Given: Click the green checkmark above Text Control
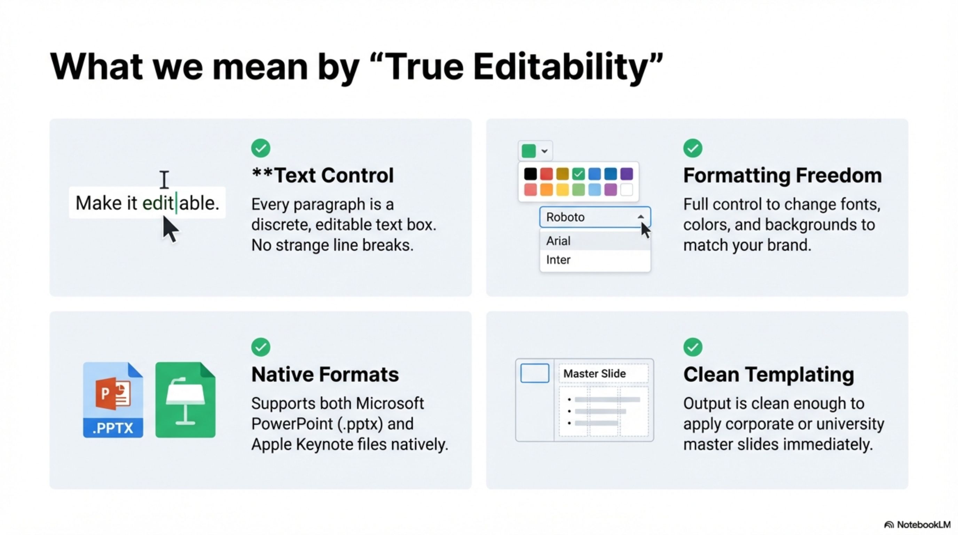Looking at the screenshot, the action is [x=261, y=148].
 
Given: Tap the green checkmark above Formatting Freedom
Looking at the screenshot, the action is [x=692, y=148].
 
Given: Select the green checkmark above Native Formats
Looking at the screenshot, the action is [x=261, y=347].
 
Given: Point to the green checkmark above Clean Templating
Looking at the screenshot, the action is [x=692, y=347].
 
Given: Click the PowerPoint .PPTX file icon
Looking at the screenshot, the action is [x=113, y=400].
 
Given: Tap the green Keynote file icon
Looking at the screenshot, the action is [x=185, y=400].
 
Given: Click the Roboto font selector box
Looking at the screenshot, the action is [x=595, y=217].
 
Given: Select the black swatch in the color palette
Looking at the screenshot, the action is [x=530, y=173].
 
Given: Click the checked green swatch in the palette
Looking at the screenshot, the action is [x=578, y=173].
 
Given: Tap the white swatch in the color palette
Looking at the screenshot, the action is [x=627, y=189].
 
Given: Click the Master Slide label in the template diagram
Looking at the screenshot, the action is [x=594, y=373].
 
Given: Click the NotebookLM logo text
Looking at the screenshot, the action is [x=924, y=525].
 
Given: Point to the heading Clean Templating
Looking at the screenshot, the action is [x=768, y=374].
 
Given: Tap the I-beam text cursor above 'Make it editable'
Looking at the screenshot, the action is [x=164, y=180].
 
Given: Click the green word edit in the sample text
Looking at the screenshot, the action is [x=158, y=203].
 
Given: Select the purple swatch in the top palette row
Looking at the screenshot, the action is [x=627, y=173].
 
